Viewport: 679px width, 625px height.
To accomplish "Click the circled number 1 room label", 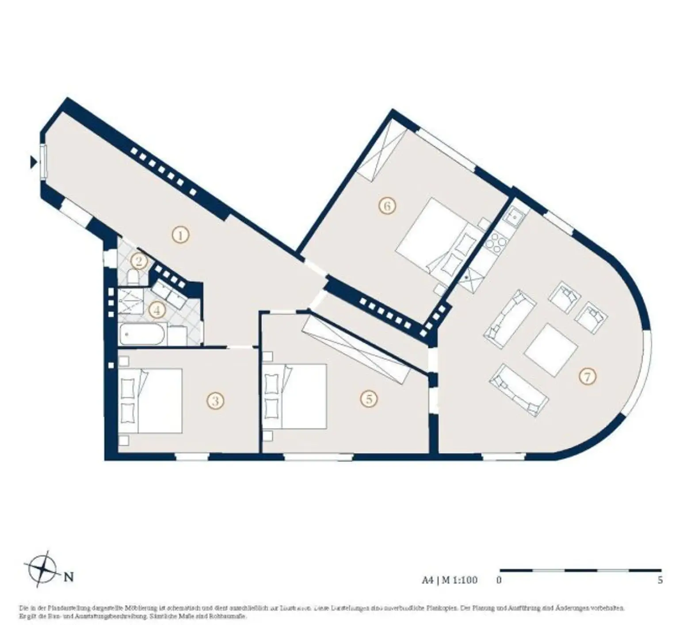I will pos(180,235).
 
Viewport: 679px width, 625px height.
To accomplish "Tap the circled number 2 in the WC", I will pos(139,261).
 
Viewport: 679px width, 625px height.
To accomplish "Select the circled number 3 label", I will pos(215,401).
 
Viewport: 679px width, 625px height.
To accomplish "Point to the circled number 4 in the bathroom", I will pos(156,310).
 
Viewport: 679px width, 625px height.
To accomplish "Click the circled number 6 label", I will pos(387,206).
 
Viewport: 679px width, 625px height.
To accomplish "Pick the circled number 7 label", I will pos(587,377).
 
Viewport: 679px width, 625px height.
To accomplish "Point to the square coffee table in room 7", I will pos(551,350).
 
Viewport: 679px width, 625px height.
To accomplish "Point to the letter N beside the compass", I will pos(69,577).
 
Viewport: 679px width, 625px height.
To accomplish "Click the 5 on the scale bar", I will pos(660,580).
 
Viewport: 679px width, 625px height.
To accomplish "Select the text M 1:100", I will pos(459,580).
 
